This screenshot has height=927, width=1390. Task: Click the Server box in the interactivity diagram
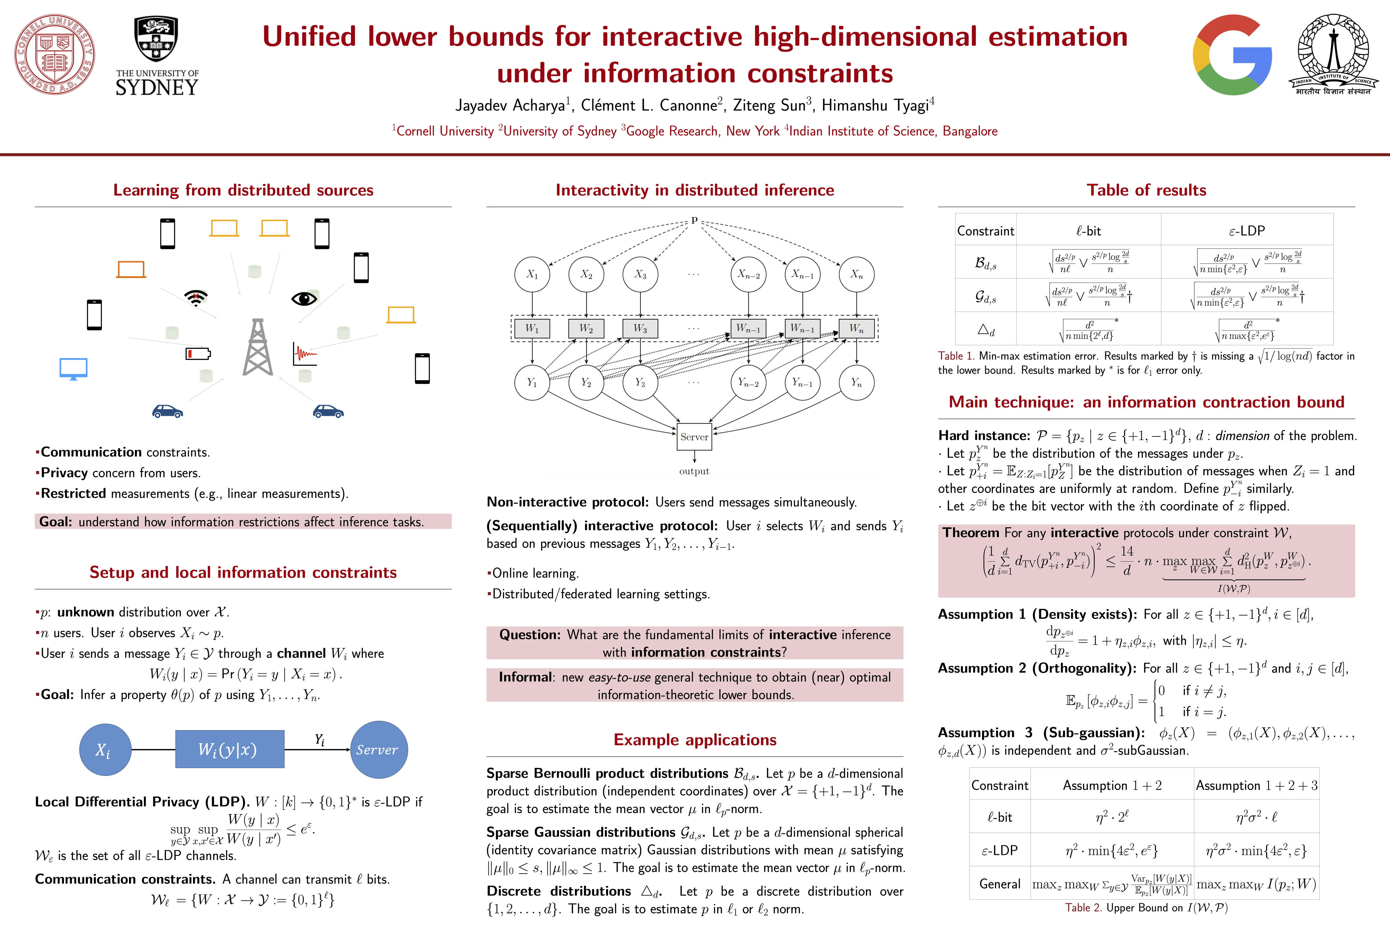pyautogui.click(x=694, y=437)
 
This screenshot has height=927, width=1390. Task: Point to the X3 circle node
pyautogui.click(x=640, y=274)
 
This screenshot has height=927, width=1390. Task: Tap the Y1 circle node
pyautogui.click(x=532, y=382)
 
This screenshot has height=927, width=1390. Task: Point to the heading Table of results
pyautogui.click(x=1146, y=190)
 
